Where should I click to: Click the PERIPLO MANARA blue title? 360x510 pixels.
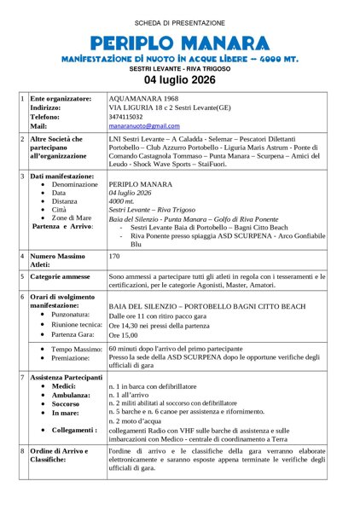179,43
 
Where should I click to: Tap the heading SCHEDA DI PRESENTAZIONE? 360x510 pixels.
180,22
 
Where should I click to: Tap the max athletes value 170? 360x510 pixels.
115,256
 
